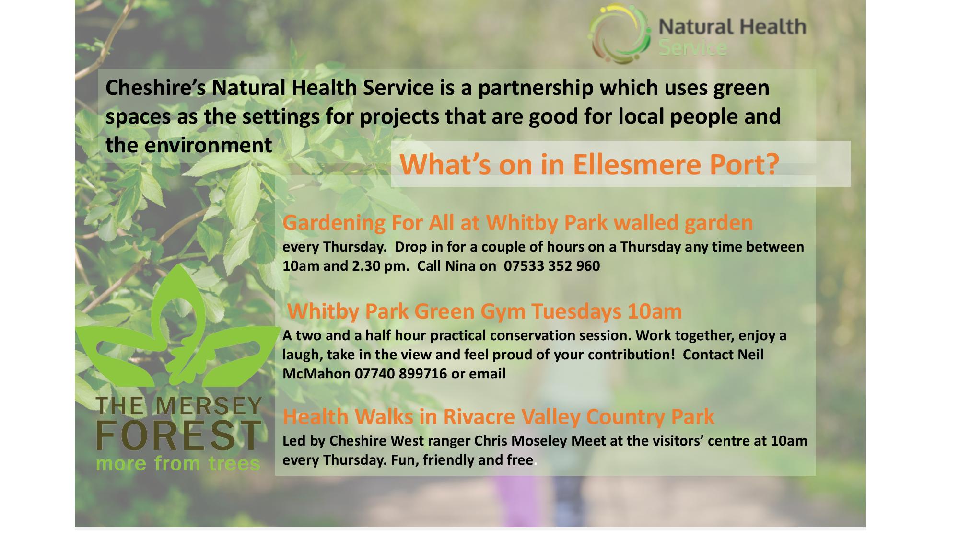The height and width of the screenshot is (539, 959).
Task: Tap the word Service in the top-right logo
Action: pos(692,48)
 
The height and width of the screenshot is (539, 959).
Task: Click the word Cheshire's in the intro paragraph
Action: pos(156,88)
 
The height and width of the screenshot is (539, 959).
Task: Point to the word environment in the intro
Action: pos(209,145)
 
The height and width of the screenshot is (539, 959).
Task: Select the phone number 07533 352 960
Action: pos(552,266)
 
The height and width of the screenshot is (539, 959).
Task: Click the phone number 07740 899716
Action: pos(401,374)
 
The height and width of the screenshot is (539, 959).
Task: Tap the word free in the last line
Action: pos(520,460)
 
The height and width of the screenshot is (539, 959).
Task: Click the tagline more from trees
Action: pos(178,463)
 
